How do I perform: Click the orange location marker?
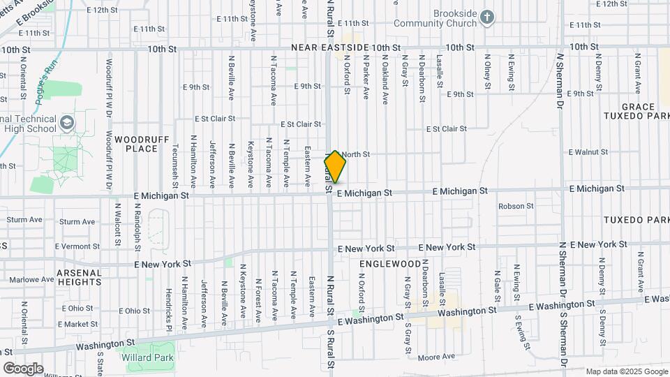click(336, 167)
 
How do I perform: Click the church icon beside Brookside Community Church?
click(487, 17)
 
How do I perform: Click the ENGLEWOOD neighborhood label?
click(390, 265)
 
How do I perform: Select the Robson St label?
click(516, 206)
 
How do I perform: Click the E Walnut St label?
click(593, 151)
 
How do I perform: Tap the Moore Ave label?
click(438, 357)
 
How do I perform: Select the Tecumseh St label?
click(175, 166)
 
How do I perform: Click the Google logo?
click(23, 368)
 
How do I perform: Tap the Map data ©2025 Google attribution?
click(627, 371)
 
